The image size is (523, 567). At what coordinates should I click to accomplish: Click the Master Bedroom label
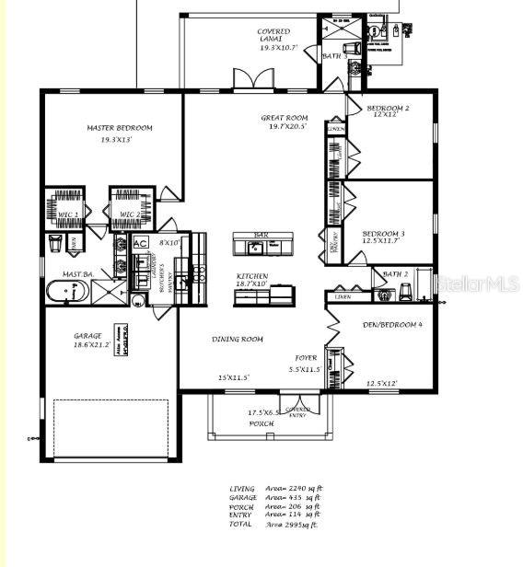pos(120,128)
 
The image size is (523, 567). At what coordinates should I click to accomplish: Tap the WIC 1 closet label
pos(68,214)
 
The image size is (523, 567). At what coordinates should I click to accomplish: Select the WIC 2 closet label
pos(130,214)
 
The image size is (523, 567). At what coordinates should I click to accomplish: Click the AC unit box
pos(141,243)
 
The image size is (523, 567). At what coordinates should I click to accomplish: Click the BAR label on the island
pos(261,236)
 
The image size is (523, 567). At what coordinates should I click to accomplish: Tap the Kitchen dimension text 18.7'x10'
pos(250,284)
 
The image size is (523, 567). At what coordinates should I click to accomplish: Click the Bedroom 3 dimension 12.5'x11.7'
pos(380,240)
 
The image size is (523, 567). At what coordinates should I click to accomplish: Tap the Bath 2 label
pos(395,273)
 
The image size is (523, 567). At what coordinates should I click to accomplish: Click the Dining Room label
pos(238,340)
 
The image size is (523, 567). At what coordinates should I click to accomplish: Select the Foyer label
pos(306,357)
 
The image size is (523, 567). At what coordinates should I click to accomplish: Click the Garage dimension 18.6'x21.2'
pos(92,344)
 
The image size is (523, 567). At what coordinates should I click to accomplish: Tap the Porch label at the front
pos(262,423)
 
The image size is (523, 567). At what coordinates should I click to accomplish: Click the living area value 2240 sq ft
pos(305,489)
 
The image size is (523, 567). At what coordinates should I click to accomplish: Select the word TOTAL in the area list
pos(240,524)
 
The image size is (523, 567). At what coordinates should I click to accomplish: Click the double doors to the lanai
pos(252,79)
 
